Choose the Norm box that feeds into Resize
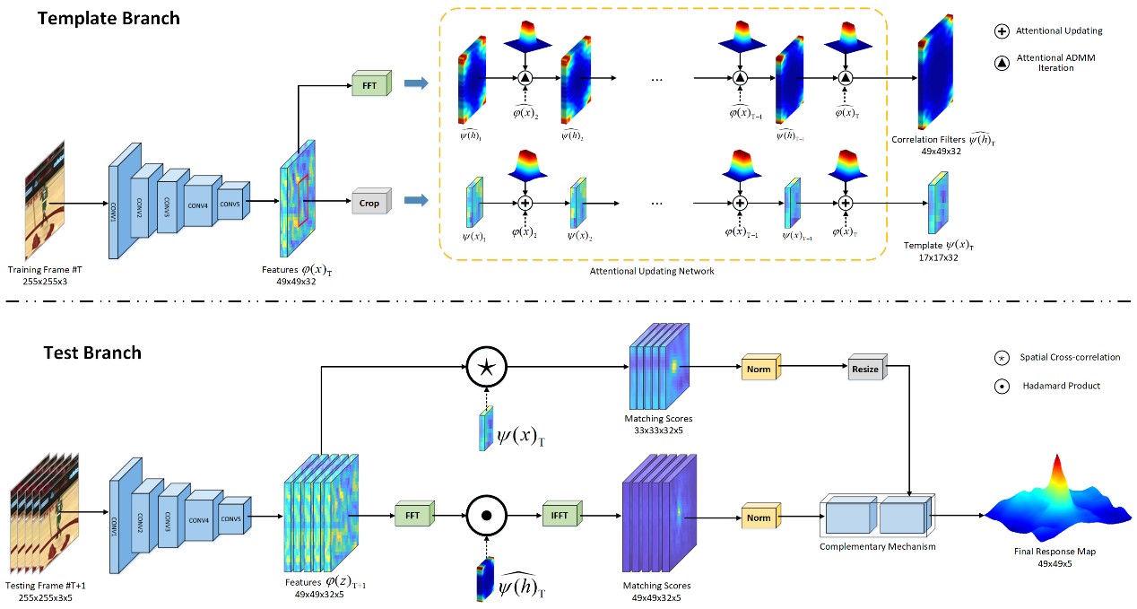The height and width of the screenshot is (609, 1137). [x=759, y=369]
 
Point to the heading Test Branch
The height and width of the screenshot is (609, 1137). [x=93, y=352]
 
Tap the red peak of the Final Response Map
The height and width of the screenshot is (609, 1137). [x=1055, y=466]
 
